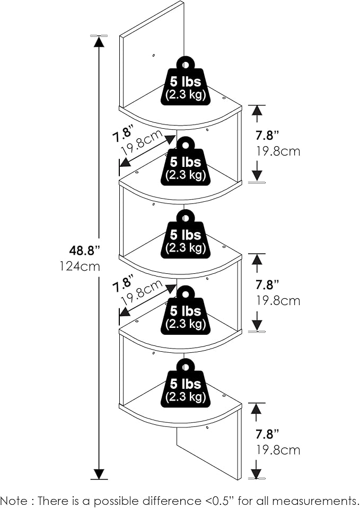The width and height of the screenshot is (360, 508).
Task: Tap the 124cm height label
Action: [80, 266]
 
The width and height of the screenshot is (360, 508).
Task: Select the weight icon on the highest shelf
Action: [186, 81]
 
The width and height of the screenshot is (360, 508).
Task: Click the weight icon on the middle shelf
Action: [186, 234]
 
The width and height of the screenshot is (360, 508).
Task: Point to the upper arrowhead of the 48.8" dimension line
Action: [99, 41]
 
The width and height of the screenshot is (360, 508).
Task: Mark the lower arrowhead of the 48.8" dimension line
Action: [99, 474]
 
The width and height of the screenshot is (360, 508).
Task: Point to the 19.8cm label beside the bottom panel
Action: [278, 450]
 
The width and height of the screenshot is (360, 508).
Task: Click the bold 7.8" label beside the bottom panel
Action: [267, 434]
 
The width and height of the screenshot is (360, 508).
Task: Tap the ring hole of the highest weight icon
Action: [186, 65]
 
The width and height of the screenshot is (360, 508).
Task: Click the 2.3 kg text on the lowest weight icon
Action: [186, 397]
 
